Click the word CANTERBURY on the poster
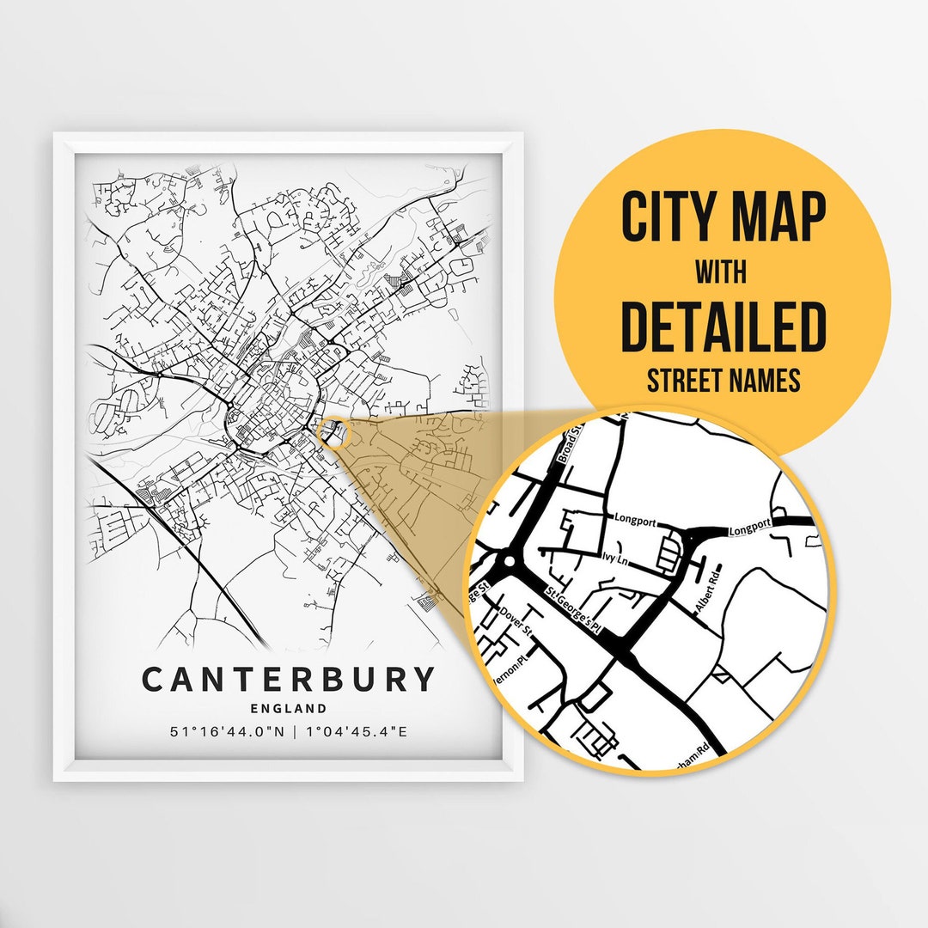289,679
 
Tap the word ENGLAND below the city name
289,709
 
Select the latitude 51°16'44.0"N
225,732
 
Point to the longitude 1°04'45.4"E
357,732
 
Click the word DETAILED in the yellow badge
723,327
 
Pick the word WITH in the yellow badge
722,273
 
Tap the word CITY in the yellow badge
670,218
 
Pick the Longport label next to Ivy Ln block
636,517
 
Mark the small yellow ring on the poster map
333,433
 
